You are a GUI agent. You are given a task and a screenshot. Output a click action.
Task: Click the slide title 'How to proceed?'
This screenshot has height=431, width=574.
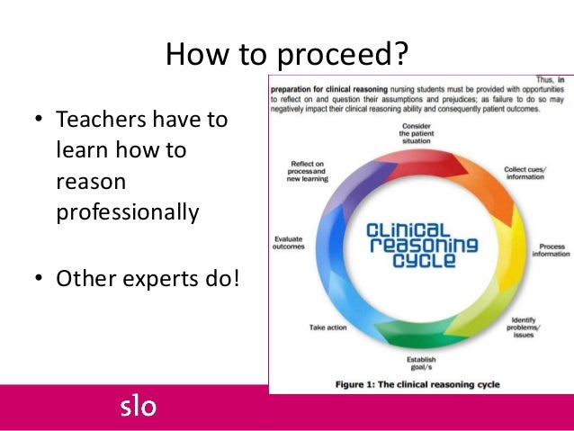pyautogui.click(x=286, y=57)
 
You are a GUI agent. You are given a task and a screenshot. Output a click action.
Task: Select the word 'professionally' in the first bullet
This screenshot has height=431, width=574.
pyautogui.click(x=127, y=213)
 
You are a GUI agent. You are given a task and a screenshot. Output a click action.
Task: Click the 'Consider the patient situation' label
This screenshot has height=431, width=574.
pyautogui.click(x=417, y=130)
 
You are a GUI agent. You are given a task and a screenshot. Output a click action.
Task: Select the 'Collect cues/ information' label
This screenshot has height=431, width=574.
pyautogui.click(x=525, y=173)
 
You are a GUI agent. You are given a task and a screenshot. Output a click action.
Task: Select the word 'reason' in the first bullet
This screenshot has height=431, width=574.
pyautogui.click(x=89, y=182)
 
